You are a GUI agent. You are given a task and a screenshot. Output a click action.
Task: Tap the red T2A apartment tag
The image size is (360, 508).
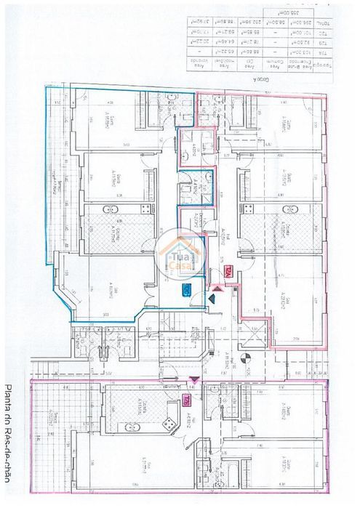(229, 270)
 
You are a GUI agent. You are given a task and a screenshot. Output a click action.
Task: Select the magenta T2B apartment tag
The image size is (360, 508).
(187, 401)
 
